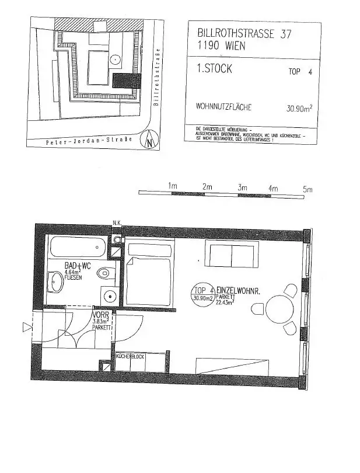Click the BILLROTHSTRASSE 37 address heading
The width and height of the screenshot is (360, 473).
239,34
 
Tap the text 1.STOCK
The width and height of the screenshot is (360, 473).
214,69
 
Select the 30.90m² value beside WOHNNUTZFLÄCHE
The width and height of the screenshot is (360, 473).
299,108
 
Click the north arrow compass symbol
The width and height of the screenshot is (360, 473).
150,140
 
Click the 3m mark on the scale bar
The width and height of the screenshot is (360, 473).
243,189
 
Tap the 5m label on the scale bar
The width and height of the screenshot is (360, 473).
307,189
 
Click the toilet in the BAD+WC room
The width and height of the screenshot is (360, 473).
106,272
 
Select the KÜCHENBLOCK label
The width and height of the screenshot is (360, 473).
130,356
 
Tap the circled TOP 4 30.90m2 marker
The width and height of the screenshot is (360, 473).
202,294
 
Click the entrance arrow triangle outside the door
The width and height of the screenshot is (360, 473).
26,328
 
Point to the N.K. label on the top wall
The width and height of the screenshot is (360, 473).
117,222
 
